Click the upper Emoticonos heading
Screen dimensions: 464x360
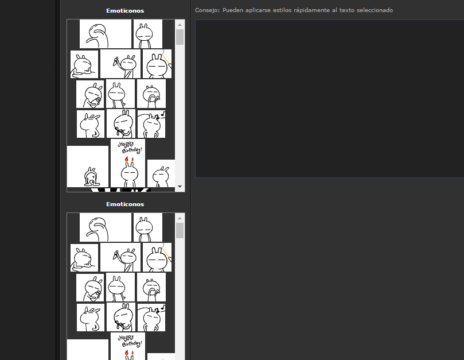point(125,11)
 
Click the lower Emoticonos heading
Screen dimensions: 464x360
point(125,204)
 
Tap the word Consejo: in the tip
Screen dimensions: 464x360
point(207,10)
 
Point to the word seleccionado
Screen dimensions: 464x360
point(375,10)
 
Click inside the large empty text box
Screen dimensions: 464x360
point(329,99)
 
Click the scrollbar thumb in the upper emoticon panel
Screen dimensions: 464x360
point(180,37)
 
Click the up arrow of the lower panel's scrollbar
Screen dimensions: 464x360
point(180,218)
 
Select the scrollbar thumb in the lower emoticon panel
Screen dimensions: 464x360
point(180,230)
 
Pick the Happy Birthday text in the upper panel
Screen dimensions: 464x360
point(130,148)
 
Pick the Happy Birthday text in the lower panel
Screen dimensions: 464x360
point(130,341)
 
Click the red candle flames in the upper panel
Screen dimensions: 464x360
point(129,159)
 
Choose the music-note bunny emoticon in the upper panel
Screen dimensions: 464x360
point(151,124)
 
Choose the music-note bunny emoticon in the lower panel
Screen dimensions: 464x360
point(151,318)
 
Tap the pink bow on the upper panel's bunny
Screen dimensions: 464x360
point(118,131)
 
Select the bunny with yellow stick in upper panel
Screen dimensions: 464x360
point(157,64)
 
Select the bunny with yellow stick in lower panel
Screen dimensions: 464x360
point(157,257)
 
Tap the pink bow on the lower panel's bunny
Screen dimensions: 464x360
point(119,324)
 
